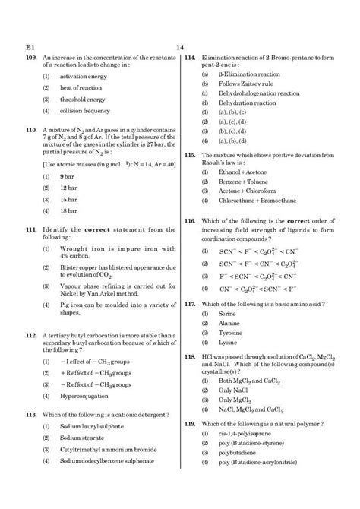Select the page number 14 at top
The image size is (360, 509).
180,47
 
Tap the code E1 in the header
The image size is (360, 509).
30,47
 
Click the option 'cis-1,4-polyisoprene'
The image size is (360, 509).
246,432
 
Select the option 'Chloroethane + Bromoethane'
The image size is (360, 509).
258,201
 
